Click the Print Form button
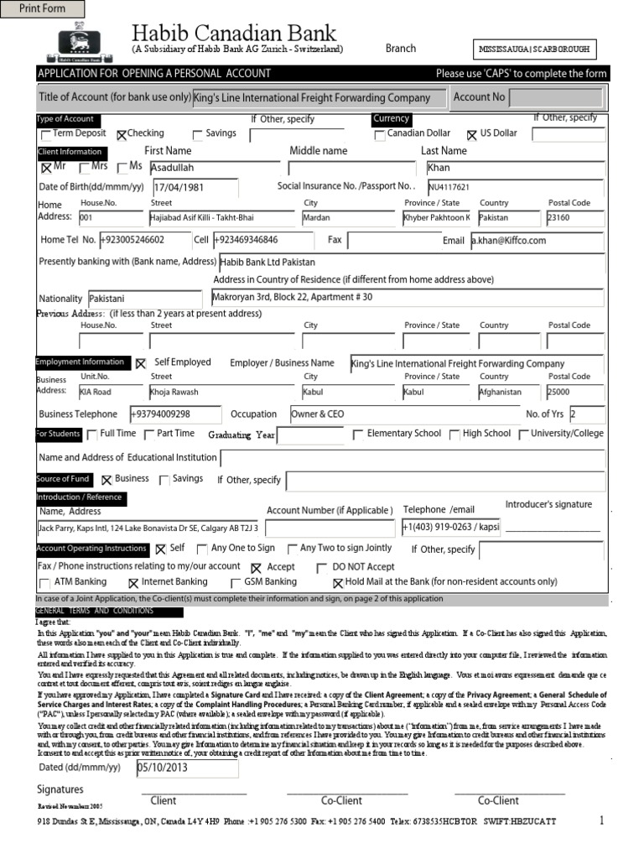(x=43, y=9)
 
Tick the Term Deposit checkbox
(x=45, y=134)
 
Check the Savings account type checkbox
(x=198, y=134)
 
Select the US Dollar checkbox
(x=471, y=134)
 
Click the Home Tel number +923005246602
(x=143, y=241)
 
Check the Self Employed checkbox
(x=140, y=363)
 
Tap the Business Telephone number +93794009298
(x=174, y=414)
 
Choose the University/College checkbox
(x=523, y=435)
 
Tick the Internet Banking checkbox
(x=132, y=583)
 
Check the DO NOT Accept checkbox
(x=322, y=568)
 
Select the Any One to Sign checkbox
(x=201, y=549)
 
